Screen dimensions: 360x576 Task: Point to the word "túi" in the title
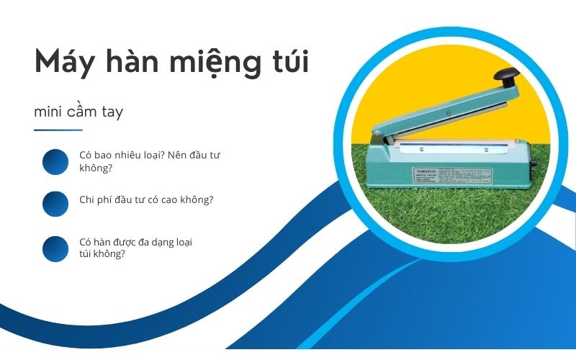[292, 62]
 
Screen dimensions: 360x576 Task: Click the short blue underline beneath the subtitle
[58, 130]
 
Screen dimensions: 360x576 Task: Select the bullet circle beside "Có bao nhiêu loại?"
[55, 162]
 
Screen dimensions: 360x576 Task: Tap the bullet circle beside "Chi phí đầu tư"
[55, 204]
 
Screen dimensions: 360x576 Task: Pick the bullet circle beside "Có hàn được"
[55, 248]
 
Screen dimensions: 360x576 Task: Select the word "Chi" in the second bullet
[86, 199]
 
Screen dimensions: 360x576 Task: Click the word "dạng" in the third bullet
[161, 242]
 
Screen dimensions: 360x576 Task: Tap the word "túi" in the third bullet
[86, 254]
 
